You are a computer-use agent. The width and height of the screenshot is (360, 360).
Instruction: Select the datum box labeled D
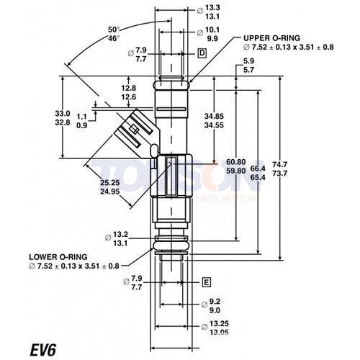point(202,54)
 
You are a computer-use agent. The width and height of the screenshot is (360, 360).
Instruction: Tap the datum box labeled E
point(207,282)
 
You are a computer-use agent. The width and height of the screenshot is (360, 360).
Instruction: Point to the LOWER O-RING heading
point(59,256)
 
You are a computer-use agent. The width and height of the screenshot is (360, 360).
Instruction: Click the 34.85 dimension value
point(214,116)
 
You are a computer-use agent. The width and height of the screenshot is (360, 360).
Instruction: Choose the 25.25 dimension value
point(110,183)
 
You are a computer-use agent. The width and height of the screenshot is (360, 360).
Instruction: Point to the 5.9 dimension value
point(249,61)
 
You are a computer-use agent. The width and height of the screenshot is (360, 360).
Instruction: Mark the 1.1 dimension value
point(81,116)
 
